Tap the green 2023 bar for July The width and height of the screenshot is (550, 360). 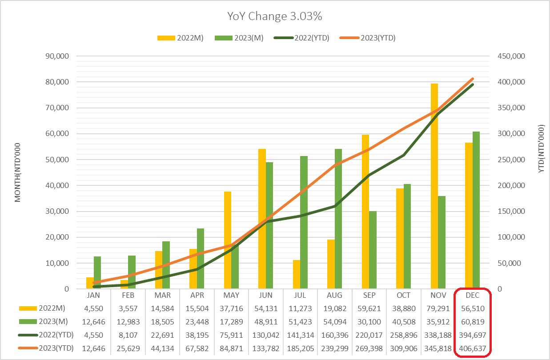coord(304,222)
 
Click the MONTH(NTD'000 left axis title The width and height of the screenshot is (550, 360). coord(18,173)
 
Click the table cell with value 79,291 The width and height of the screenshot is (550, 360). coord(438,308)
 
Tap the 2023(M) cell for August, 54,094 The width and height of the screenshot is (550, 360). coord(335,321)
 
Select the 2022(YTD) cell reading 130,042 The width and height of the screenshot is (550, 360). coord(266,335)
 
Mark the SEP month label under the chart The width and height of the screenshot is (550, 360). coord(369,296)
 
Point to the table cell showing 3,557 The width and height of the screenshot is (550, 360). coord(128,308)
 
